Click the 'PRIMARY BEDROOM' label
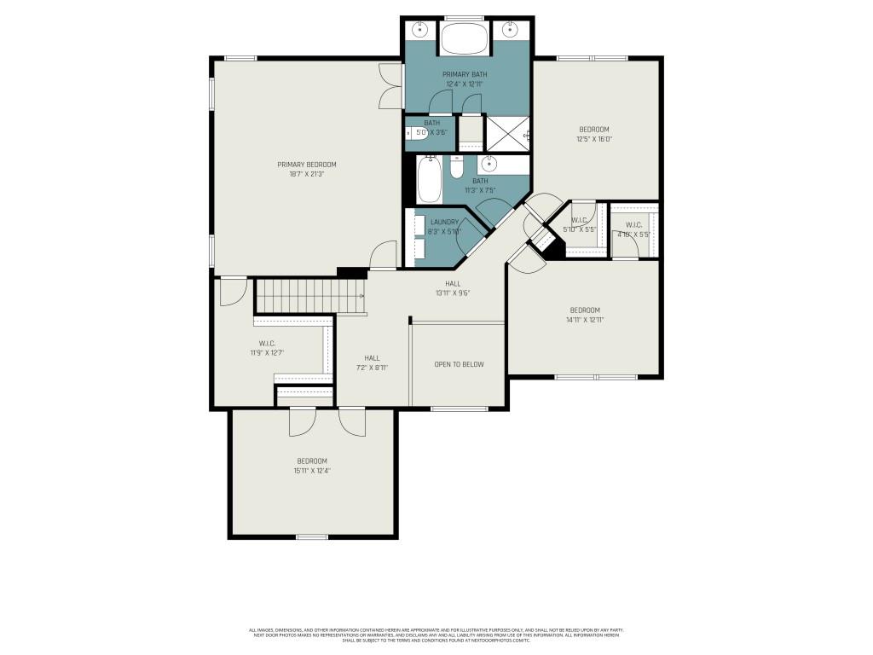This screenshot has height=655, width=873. coord(306,165)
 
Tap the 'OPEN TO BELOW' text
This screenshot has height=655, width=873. coord(459,364)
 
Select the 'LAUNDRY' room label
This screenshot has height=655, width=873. coord(444,222)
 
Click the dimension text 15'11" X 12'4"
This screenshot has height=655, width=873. coord(312,471)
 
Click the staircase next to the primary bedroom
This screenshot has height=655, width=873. coord(309,298)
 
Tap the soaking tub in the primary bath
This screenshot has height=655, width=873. coord(464,40)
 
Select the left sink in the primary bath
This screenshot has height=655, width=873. coord(420,30)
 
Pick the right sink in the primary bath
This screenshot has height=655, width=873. coord(510,30)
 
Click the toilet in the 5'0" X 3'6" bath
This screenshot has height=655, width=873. coord(412,133)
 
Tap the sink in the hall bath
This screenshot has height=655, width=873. coord(490,164)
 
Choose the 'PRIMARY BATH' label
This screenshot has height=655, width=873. coord(465,75)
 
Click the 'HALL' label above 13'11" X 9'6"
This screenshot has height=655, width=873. coord(453,283)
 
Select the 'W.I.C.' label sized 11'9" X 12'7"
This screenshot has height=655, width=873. coord(267,344)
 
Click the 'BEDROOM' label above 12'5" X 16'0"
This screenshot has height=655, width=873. coord(594,130)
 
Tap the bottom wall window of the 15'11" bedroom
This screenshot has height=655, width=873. coord(312,536)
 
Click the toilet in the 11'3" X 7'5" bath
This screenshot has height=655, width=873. coord(456,168)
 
